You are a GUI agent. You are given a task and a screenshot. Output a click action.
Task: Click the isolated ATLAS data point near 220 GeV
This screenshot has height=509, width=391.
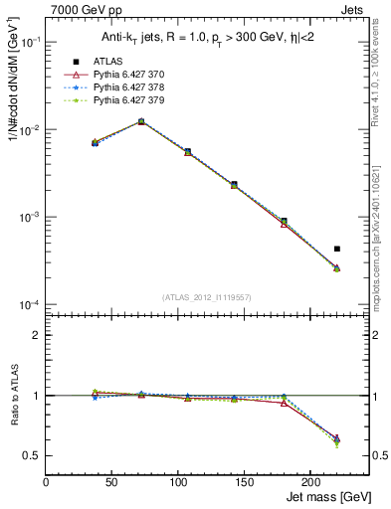click(337, 249)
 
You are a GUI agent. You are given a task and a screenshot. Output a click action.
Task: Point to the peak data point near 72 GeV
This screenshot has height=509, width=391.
click(141, 121)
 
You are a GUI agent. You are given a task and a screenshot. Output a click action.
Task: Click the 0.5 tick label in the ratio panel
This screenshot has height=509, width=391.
click(33, 455)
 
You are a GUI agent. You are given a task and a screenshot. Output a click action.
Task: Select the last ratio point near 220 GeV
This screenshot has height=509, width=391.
click(337, 439)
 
